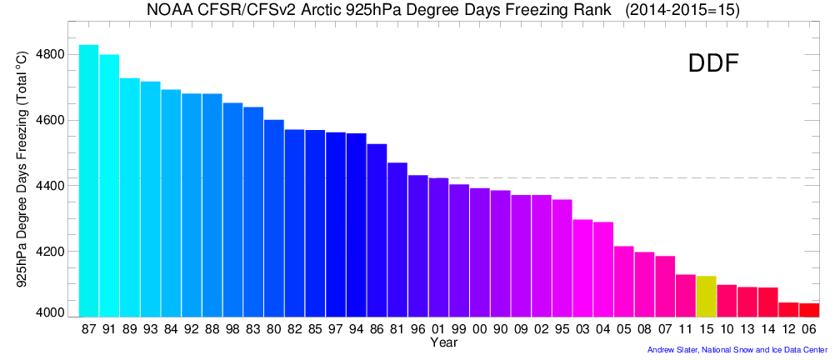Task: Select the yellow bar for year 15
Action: coord(706,297)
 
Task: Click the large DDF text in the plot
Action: coord(712,64)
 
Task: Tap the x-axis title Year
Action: coord(443,342)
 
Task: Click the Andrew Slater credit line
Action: coord(737,350)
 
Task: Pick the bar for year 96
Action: coord(417,246)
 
